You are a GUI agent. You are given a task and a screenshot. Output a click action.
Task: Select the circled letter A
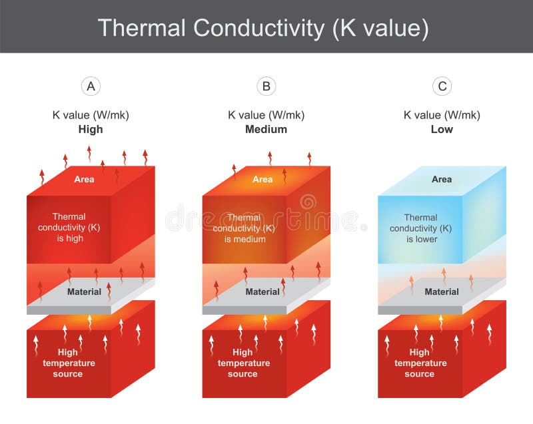click(91, 86)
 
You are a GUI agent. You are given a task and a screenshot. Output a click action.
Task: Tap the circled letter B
click(266, 86)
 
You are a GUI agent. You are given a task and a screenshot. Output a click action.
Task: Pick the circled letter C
click(441, 86)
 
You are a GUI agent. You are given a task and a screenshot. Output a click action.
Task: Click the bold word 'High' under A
click(91, 129)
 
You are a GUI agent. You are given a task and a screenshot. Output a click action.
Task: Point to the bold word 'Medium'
click(266, 129)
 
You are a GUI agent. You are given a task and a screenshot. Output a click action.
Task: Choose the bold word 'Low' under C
click(441, 129)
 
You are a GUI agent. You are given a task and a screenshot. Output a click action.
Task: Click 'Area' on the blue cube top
click(441, 179)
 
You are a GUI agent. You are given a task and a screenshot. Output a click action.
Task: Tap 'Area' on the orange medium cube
click(263, 179)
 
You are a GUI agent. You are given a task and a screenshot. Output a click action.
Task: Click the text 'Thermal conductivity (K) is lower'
click(420, 228)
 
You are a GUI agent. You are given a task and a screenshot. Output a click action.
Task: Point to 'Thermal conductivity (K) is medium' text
click(244, 228)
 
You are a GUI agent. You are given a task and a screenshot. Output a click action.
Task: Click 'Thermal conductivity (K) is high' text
click(69, 227)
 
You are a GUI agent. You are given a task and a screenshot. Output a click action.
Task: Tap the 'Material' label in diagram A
click(84, 292)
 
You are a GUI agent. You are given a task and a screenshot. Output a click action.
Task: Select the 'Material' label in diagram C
click(441, 292)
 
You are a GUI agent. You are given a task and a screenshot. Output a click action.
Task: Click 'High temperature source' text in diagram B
click(243, 363)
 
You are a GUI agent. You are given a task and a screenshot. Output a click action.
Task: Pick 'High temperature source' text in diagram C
click(420, 363)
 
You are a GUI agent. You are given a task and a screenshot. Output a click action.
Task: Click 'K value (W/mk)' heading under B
click(266, 114)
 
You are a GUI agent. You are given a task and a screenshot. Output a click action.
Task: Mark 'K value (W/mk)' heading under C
click(441, 114)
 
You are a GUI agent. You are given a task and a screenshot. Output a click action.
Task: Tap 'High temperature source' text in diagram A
click(69, 363)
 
